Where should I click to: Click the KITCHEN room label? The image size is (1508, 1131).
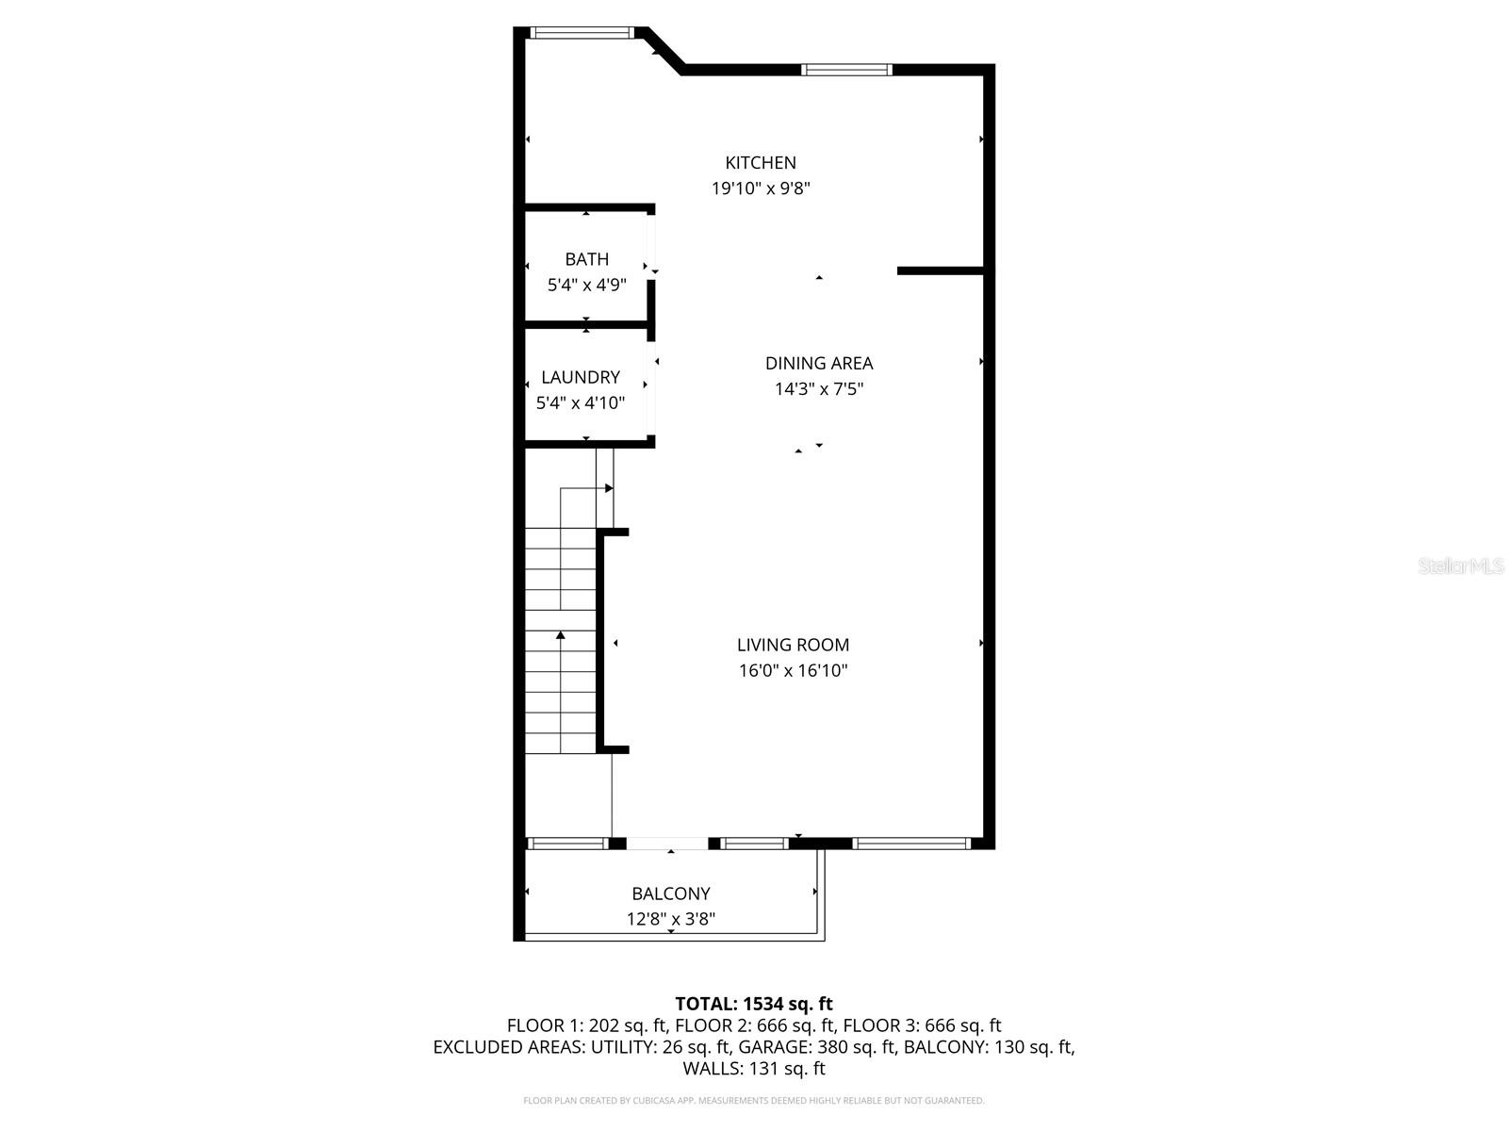[761, 163]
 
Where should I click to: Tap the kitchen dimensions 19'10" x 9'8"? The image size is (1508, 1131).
[761, 188]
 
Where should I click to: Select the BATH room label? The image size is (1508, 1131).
[586, 259]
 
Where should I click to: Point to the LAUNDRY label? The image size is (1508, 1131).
[581, 377]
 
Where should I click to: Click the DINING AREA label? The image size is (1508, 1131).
[819, 363]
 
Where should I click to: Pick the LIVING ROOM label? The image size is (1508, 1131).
[793, 645]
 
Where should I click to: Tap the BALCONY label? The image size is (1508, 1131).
[671, 893]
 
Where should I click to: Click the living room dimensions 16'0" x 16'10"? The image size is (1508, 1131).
[793, 671]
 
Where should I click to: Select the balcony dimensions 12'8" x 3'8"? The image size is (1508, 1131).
[671, 919]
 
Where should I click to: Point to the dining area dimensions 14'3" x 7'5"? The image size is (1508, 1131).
[819, 388]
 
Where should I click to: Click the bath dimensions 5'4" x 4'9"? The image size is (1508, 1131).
[586, 285]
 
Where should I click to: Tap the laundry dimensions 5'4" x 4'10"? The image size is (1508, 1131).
[581, 403]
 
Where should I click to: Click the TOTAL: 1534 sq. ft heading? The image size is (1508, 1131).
[754, 1004]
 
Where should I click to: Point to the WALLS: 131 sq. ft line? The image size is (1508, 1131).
[754, 1069]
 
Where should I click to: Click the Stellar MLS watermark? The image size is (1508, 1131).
[1461, 565]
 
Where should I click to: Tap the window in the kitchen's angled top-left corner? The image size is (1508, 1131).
[581, 33]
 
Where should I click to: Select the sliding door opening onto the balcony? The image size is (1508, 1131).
[667, 844]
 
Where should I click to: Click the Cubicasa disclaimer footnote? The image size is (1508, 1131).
[754, 1101]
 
